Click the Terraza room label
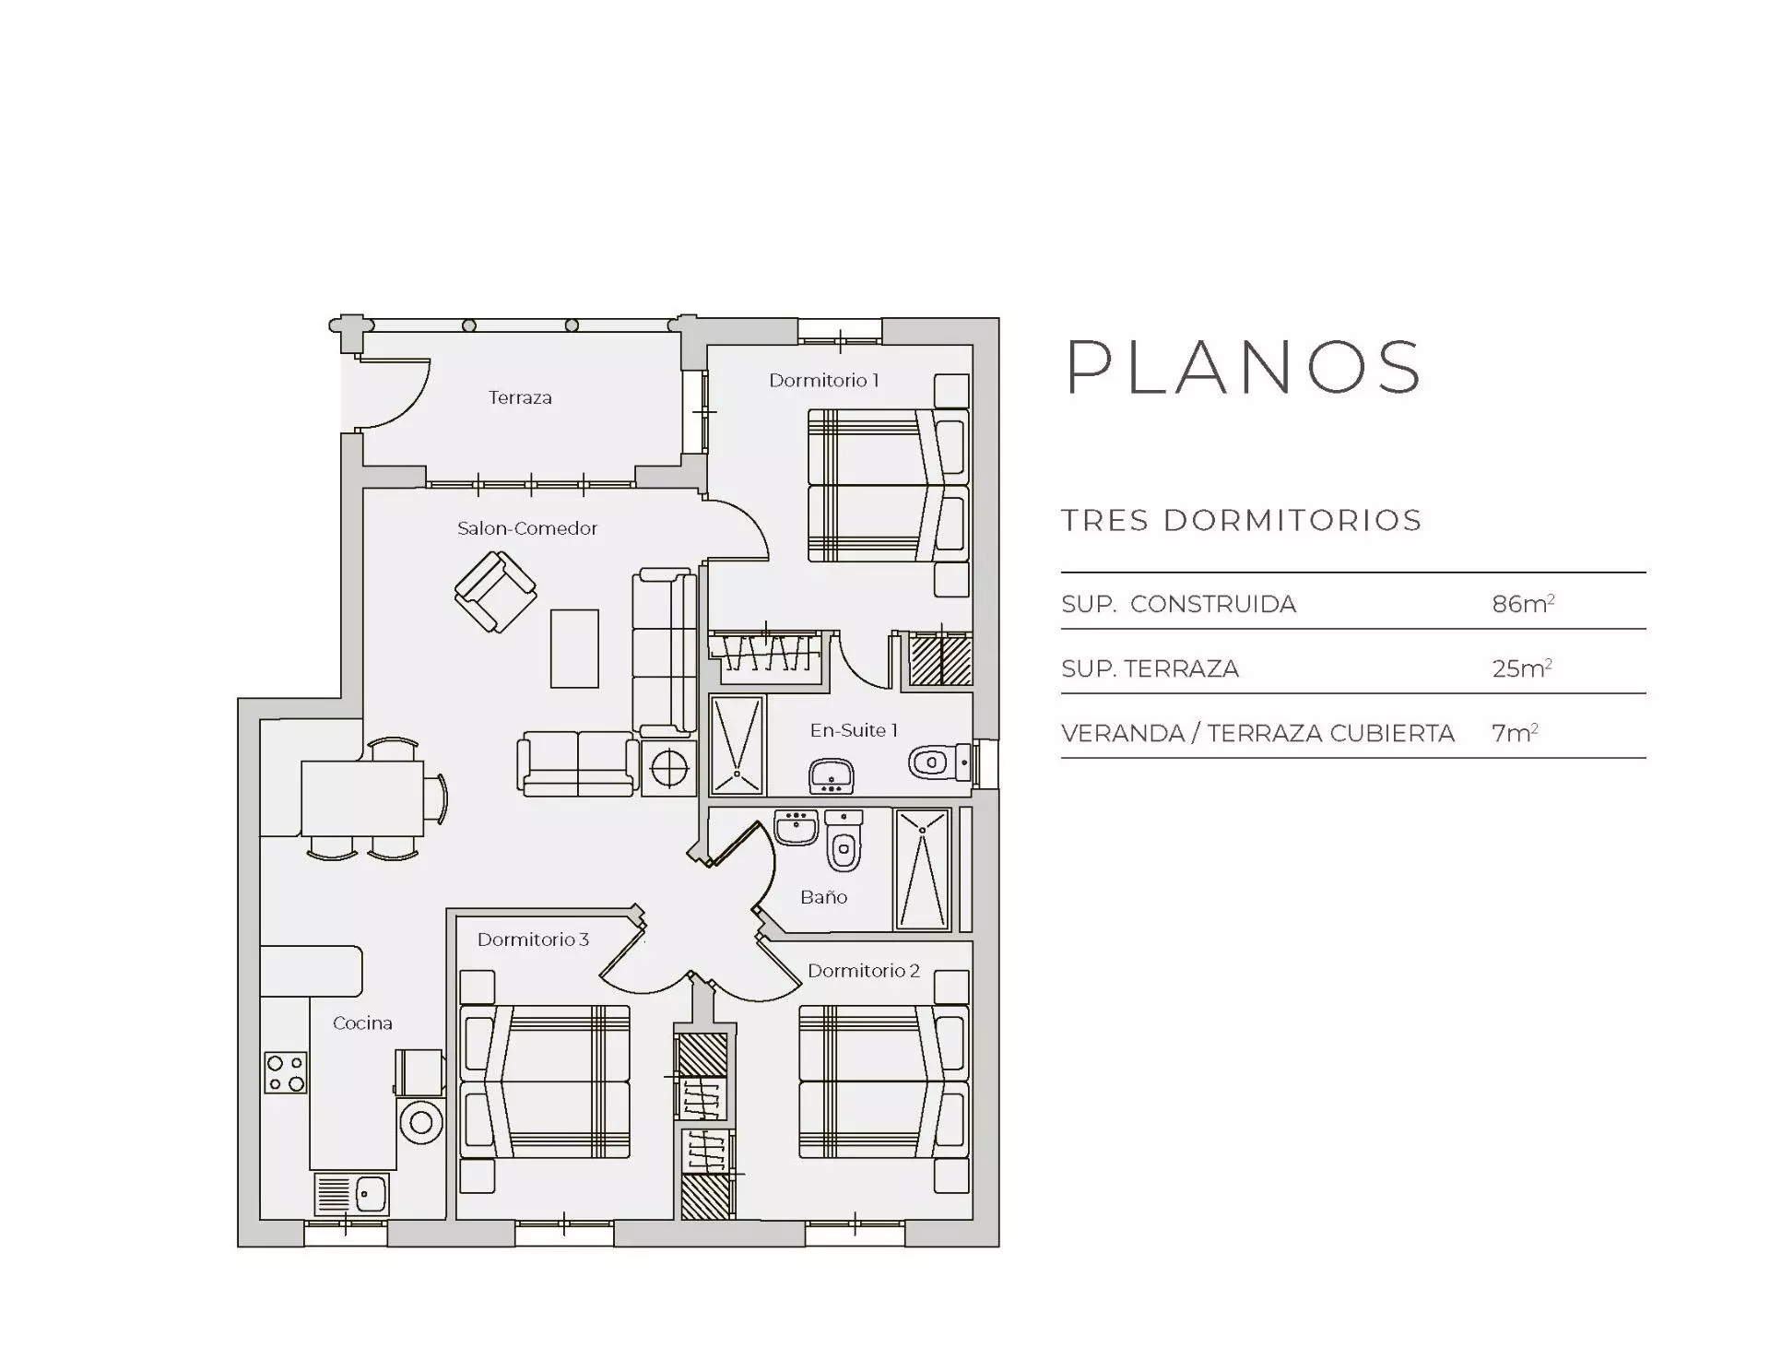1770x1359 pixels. [520, 397]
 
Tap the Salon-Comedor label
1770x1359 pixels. [527, 528]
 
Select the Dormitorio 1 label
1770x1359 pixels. [824, 380]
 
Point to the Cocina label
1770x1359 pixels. [362, 1022]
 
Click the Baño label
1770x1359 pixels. [823, 896]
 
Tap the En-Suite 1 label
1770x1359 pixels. [854, 730]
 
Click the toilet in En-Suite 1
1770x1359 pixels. [939, 762]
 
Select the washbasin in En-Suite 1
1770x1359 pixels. [831, 775]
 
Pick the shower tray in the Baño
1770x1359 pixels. [922, 869]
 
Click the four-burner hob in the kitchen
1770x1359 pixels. [286, 1073]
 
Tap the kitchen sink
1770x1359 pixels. [351, 1194]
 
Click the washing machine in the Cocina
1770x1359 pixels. [421, 1121]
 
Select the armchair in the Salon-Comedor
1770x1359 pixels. [495, 592]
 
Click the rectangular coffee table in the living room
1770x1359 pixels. [574, 648]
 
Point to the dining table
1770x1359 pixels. [362, 798]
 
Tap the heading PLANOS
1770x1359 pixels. [1244, 366]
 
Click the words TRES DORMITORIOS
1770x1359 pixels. [1241, 520]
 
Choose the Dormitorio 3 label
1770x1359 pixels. [533, 939]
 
